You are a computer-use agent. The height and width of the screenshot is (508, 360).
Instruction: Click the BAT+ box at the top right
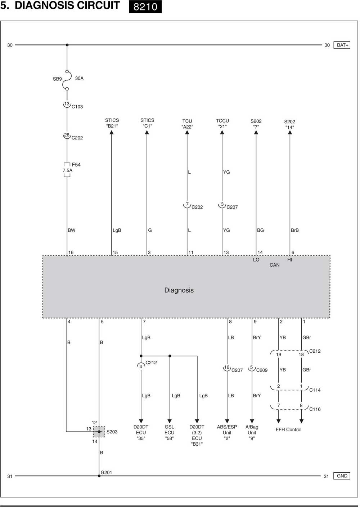(x=342, y=45)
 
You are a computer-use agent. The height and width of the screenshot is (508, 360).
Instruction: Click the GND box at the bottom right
(x=342, y=476)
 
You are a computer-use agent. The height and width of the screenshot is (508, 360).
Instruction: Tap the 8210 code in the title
(x=145, y=7)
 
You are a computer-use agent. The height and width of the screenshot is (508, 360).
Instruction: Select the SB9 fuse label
(x=57, y=79)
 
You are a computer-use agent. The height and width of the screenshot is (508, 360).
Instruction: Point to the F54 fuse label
(x=76, y=165)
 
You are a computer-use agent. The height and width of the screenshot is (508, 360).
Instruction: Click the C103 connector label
(x=77, y=107)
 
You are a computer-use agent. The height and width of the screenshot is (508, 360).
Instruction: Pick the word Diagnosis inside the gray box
(x=179, y=290)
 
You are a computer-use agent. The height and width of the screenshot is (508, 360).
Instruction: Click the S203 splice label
(x=112, y=432)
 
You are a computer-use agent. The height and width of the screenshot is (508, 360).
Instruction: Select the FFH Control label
(x=288, y=429)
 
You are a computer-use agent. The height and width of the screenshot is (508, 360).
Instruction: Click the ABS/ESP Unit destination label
(x=227, y=432)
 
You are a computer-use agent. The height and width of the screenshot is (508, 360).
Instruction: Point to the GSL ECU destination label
(x=169, y=432)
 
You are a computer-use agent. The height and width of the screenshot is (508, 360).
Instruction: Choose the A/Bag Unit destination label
(x=252, y=432)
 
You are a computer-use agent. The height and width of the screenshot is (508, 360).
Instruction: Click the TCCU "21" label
(x=222, y=124)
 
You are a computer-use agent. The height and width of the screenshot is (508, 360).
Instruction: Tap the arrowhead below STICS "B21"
(x=112, y=133)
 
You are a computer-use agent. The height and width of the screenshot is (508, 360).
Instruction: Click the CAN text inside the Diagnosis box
(x=274, y=265)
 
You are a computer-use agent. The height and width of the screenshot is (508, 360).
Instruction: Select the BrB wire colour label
(x=295, y=230)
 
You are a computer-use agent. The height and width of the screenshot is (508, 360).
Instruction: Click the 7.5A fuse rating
(x=68, y=170)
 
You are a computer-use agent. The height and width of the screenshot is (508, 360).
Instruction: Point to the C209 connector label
(x=262, y=370)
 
